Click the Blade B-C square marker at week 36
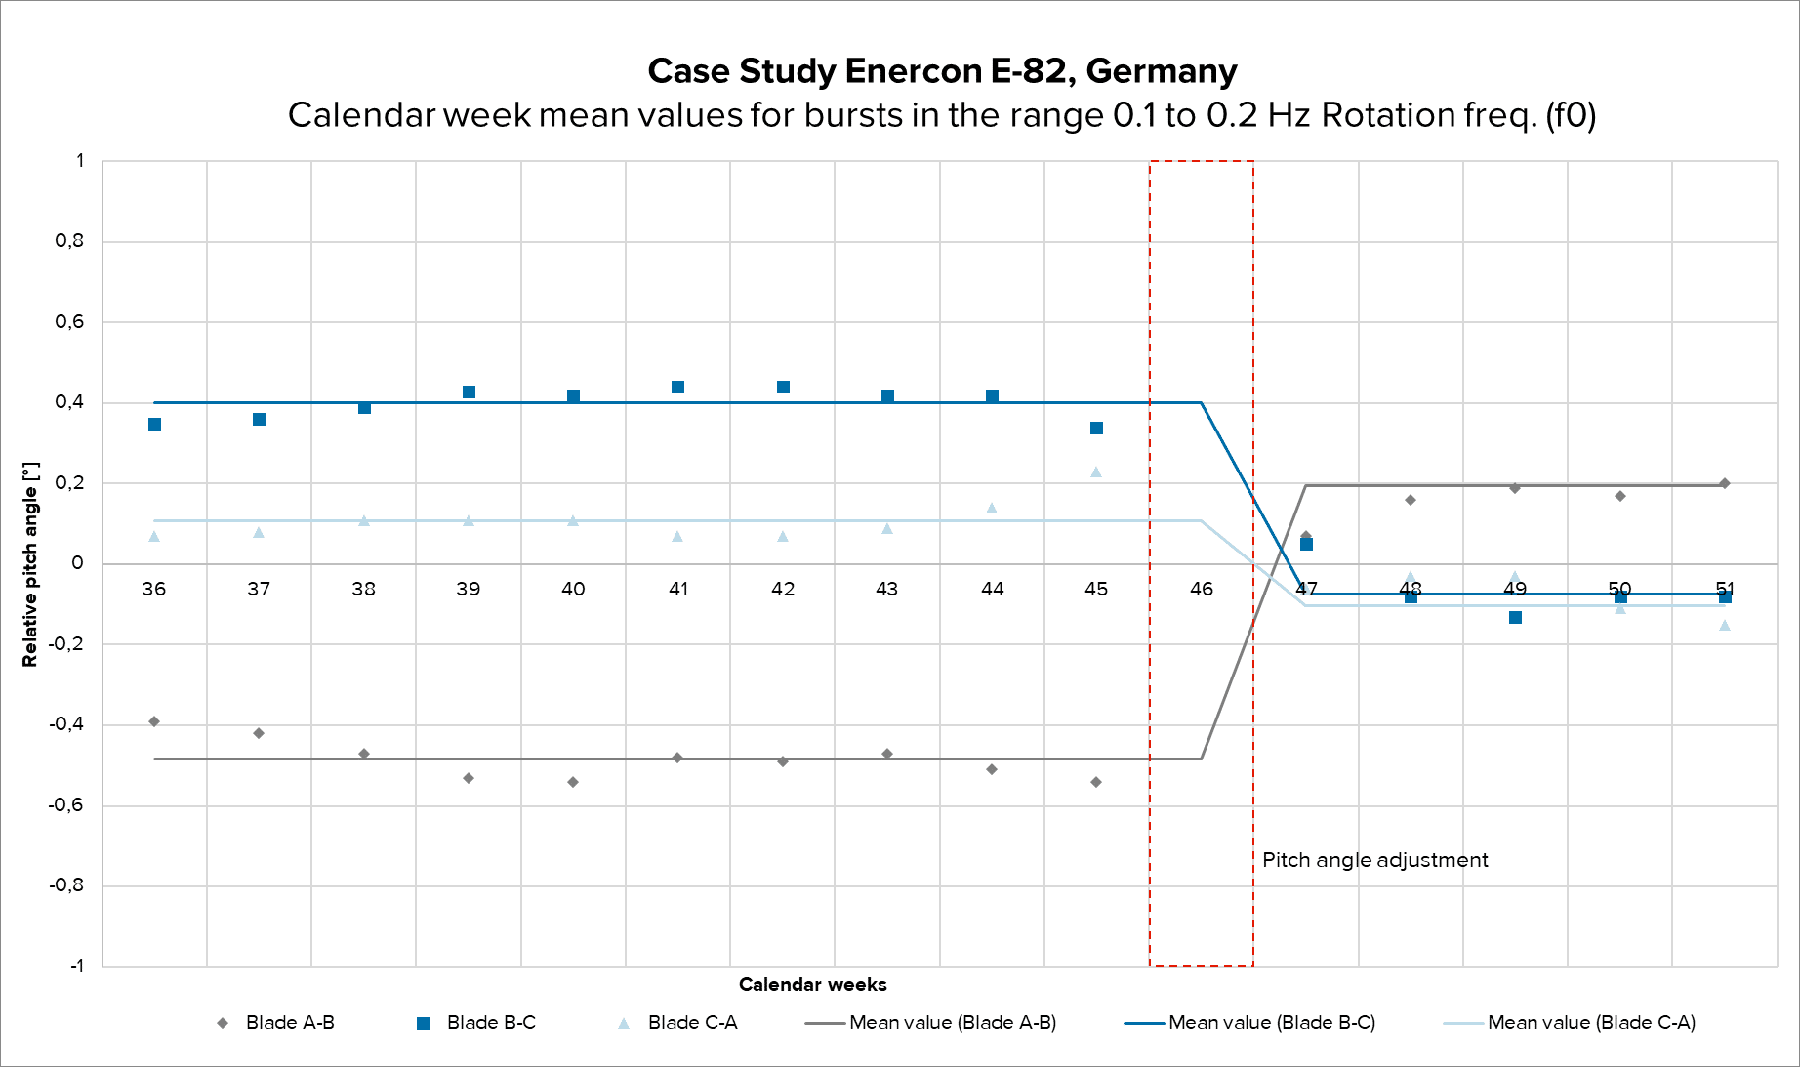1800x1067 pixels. pyautogui.click(x=154, y=425)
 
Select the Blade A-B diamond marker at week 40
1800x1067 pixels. pyautogui.click(x=573, y=782)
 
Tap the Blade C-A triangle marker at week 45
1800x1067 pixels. pyautogui.click(x=1096, y=472)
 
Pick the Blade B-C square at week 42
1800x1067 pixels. pyautogui.click(x=783, y=388)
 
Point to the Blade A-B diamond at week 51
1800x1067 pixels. pyautogui.click(x=1725, y=483)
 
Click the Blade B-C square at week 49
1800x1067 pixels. pyautogui.click(x=1515, y=618)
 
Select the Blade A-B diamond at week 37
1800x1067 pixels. pyautogui.click(x=259, y=733)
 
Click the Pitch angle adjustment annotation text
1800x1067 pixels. pyautogui.click(x=1374, y=860)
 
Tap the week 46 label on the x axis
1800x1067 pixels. pyautogui.click(x=1202, y=589)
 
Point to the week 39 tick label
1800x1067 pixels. pyautogui.click(x=469, y=589)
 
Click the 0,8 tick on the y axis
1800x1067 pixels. pyautogui.click(x=69, y=241)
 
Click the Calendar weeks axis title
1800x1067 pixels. pyautogui.click(x=812, y=984)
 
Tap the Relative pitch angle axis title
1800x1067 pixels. pyautogui.click(x=30, y=564)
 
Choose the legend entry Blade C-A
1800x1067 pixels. pyautogui.click(x=692, y=1023)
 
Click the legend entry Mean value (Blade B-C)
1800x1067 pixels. pyautogui.click(x=1271, y=1023)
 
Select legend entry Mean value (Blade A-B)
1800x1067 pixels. pyautogui.click(x=952, y=1023)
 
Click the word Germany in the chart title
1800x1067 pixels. pyautogui.click(x=1161, y=71)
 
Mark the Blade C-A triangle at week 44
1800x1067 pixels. pyautogui.click(x=992, y=509)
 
